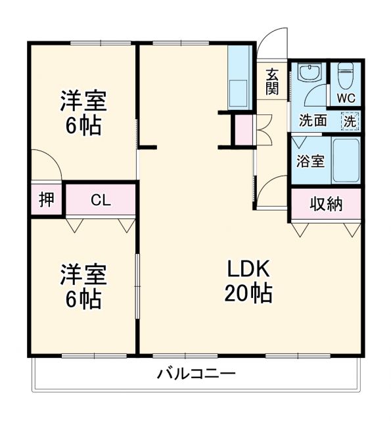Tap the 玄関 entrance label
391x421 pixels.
272,82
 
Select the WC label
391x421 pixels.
346,98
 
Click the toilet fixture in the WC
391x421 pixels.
346,75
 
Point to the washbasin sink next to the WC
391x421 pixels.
308,72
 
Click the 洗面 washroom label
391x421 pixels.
313,121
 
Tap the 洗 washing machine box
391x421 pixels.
350,121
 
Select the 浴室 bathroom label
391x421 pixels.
310,161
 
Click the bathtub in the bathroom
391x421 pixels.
346,161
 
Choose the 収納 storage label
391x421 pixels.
326,203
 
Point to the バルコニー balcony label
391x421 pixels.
196,375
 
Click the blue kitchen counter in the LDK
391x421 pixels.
239,78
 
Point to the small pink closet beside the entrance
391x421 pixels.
243,129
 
